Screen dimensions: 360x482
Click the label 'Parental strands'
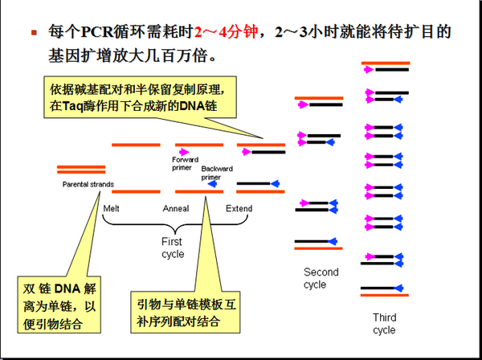88,185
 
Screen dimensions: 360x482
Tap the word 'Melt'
112,209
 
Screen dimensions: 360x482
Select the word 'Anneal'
176,209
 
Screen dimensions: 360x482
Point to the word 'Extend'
238,209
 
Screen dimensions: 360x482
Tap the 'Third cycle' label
384,324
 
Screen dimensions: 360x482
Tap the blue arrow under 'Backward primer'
214,184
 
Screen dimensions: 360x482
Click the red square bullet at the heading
34,34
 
